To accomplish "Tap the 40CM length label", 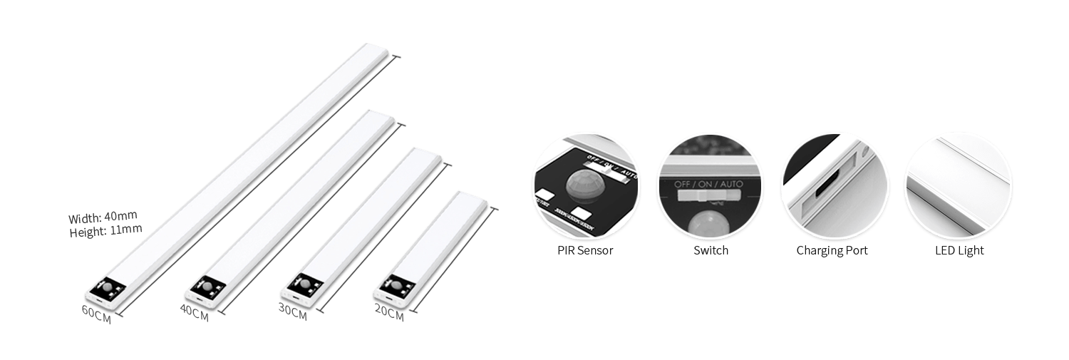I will tap(194, 312).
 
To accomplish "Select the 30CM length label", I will tap(292, 312).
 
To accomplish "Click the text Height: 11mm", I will tap(105, 230).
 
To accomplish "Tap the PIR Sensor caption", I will tap(585, 251).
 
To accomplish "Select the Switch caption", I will tap(711, 251).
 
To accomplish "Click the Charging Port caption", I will tap(832, 251).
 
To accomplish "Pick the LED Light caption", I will tap(959, 251).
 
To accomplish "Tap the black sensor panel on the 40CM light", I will tap(207, 288).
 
